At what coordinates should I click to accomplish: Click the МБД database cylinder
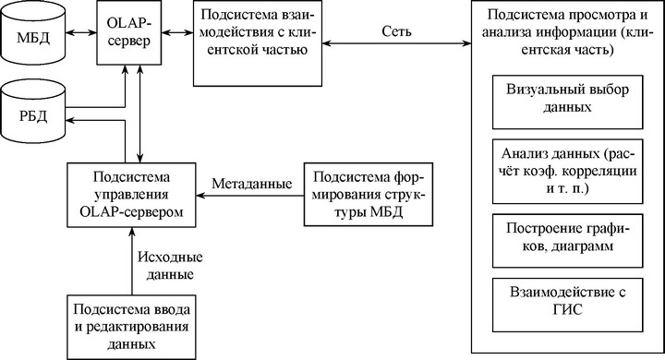(x=33, y=33)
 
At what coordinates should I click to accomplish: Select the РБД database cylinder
(x=33, y=112)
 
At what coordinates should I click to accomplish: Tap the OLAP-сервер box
(x=129, y=32)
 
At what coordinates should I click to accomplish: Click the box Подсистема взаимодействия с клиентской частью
(x=258, y=43)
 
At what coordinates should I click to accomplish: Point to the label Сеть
(x=396, y=31)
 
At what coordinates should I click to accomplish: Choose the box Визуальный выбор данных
(x=567, y=102)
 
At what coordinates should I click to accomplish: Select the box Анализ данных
(x=567, y=172)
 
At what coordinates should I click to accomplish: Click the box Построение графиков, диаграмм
(x=567, y=241)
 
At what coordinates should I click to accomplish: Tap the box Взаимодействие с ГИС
(x=567, y=305)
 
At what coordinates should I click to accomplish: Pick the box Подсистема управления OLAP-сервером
(x=131, y=195)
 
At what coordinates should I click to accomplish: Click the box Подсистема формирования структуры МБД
(x=369, y=194)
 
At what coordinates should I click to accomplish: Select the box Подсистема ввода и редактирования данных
(x=131, y=327)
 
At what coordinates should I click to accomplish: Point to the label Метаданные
(x=252, y=184)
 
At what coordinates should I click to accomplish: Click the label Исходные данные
(x=170, y=266)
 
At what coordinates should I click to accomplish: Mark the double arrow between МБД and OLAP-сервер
(x=81, y=32)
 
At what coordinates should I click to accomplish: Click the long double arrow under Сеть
(x=396, y=42)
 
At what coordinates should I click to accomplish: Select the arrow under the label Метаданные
(x=249, y=196)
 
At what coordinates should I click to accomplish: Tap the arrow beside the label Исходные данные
(x=131, y=261)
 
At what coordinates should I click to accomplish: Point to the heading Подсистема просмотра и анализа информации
(x=567, y=32)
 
